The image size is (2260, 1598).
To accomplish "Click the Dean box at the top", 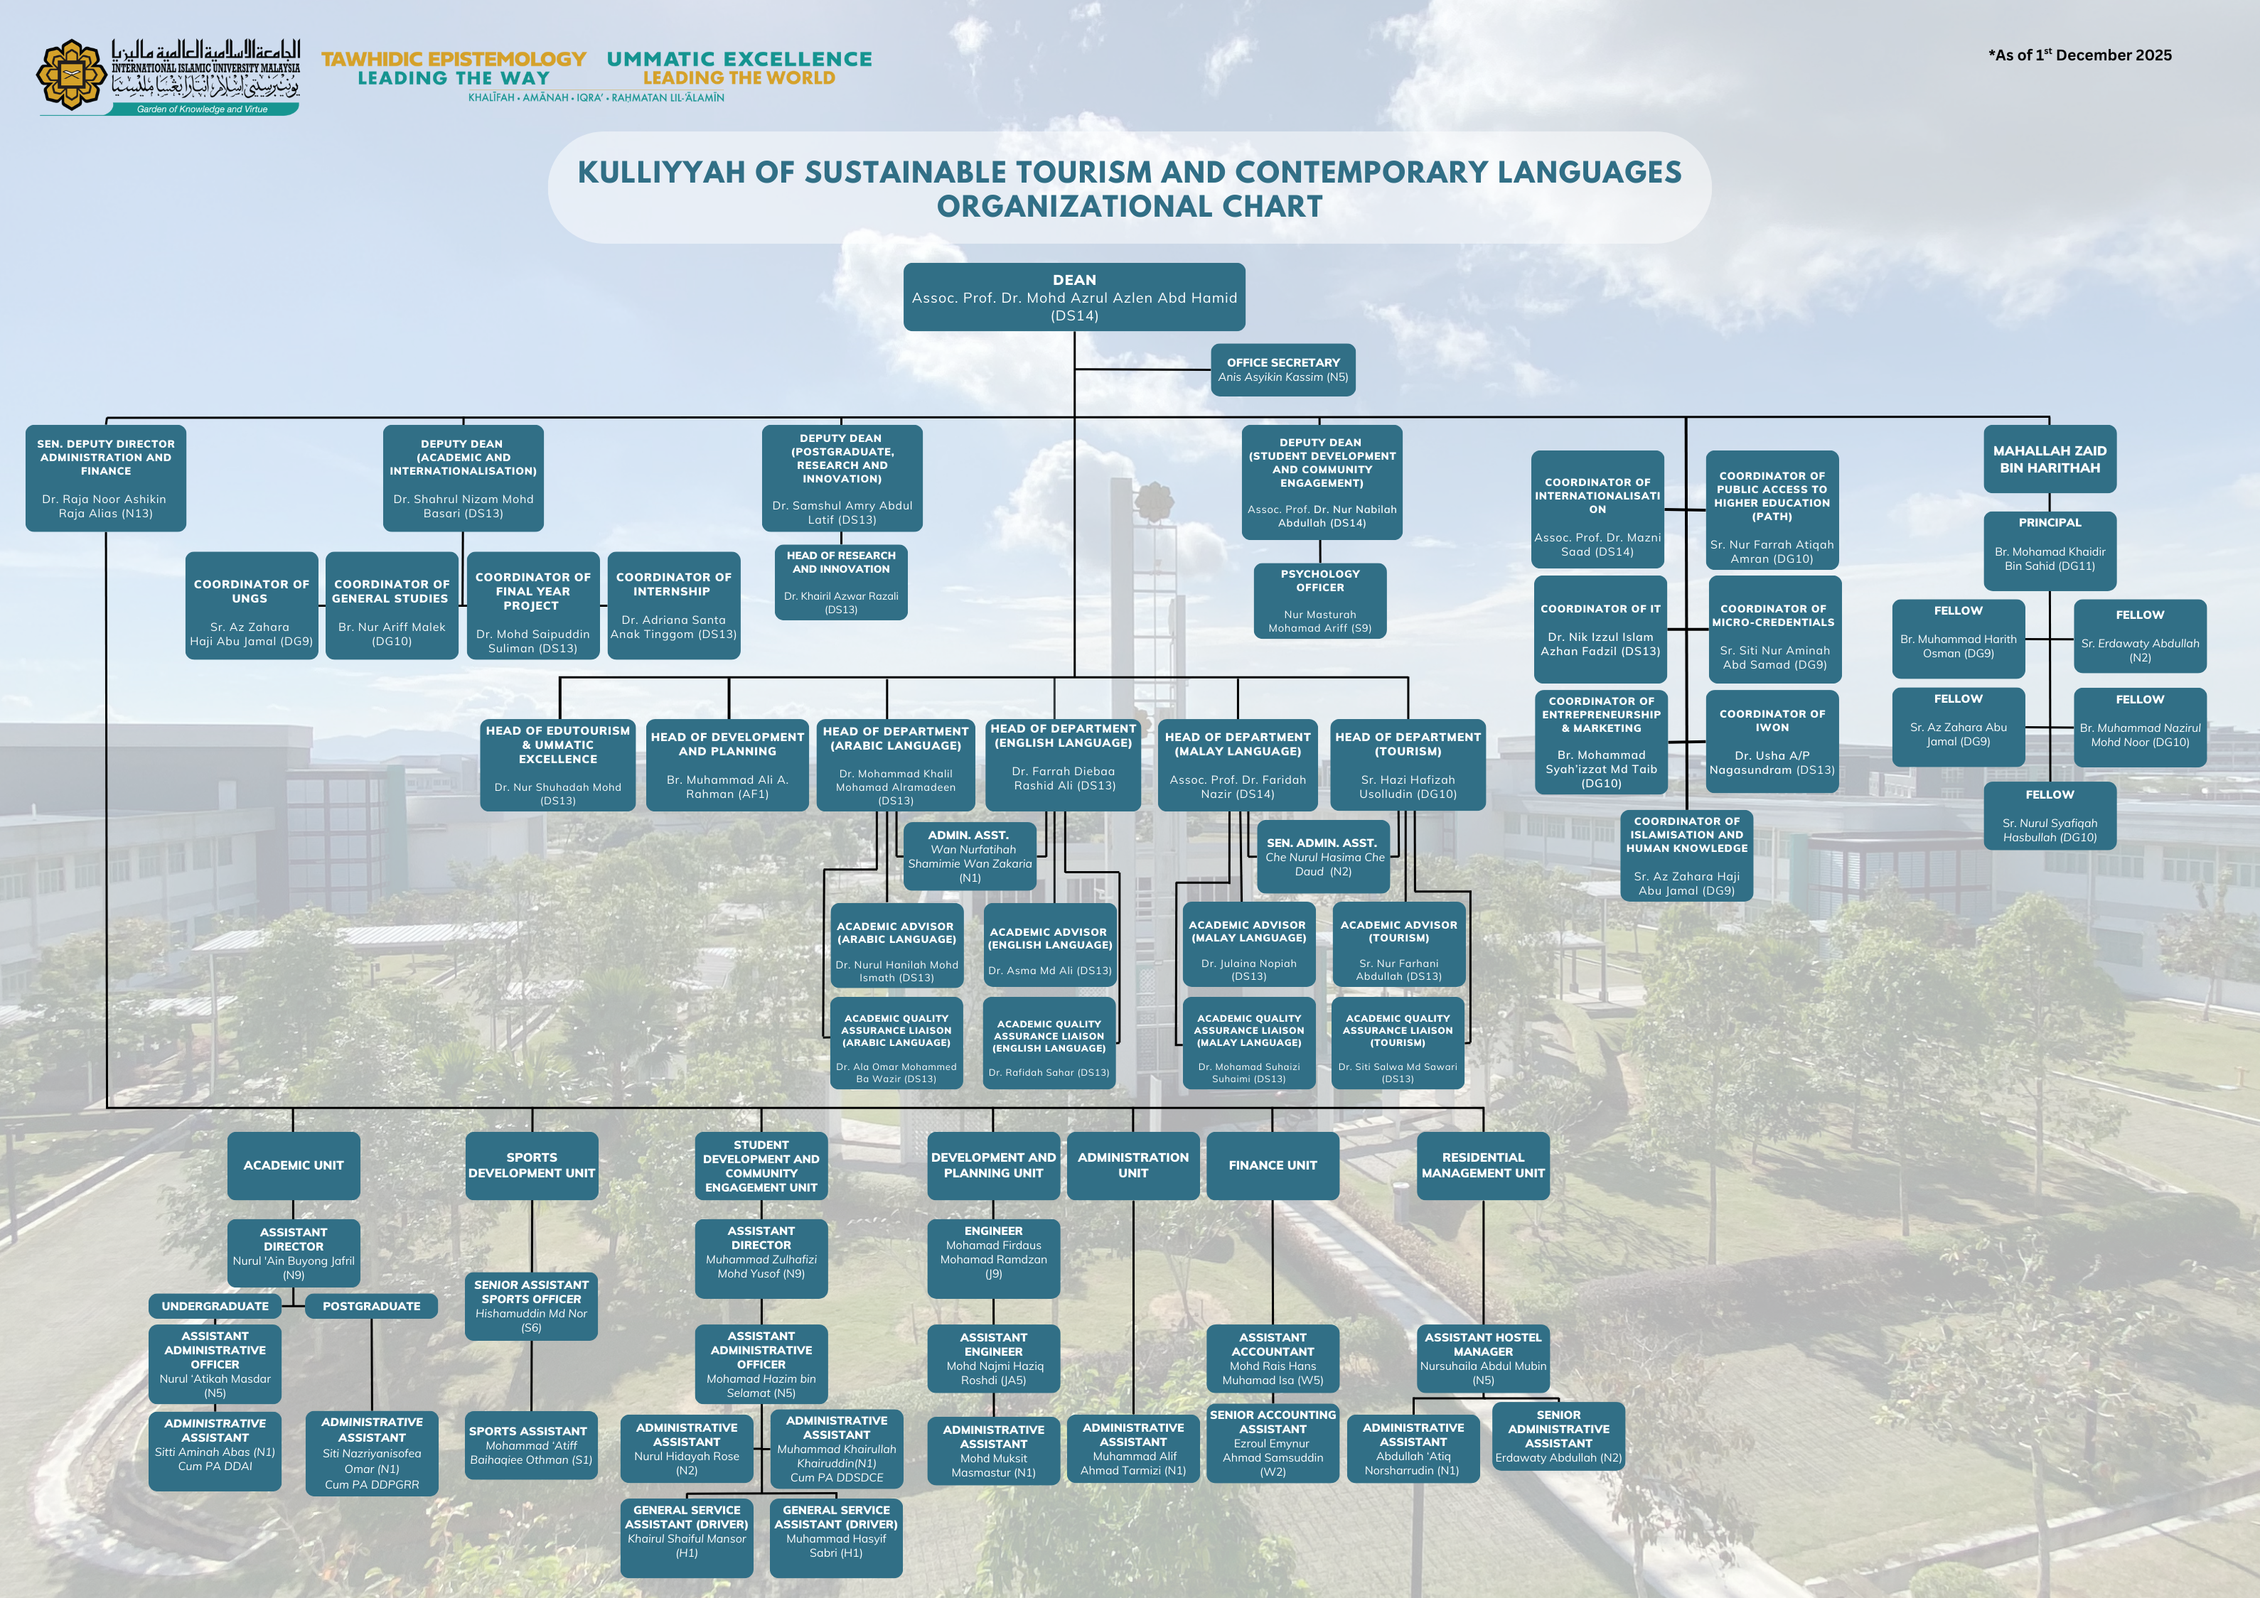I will click(1074, 297).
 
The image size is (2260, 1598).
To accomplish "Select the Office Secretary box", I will click(1282, 370).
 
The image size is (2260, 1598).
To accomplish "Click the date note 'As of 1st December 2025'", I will click(2079, 55).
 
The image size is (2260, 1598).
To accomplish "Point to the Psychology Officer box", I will click(1320, 600).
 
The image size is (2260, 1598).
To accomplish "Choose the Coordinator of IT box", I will click(1600, 630).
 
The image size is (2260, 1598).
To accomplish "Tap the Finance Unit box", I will click(1272, 1165).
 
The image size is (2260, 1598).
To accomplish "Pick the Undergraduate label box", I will click(215, 1306).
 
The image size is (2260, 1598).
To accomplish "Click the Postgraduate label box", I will click(372, 1306).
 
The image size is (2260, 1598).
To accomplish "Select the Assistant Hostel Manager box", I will click(1482, 1359).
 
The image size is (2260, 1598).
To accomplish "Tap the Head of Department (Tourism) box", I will click(1408, 765).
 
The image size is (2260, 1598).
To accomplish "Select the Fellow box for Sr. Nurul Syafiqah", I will click(2050, 815).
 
